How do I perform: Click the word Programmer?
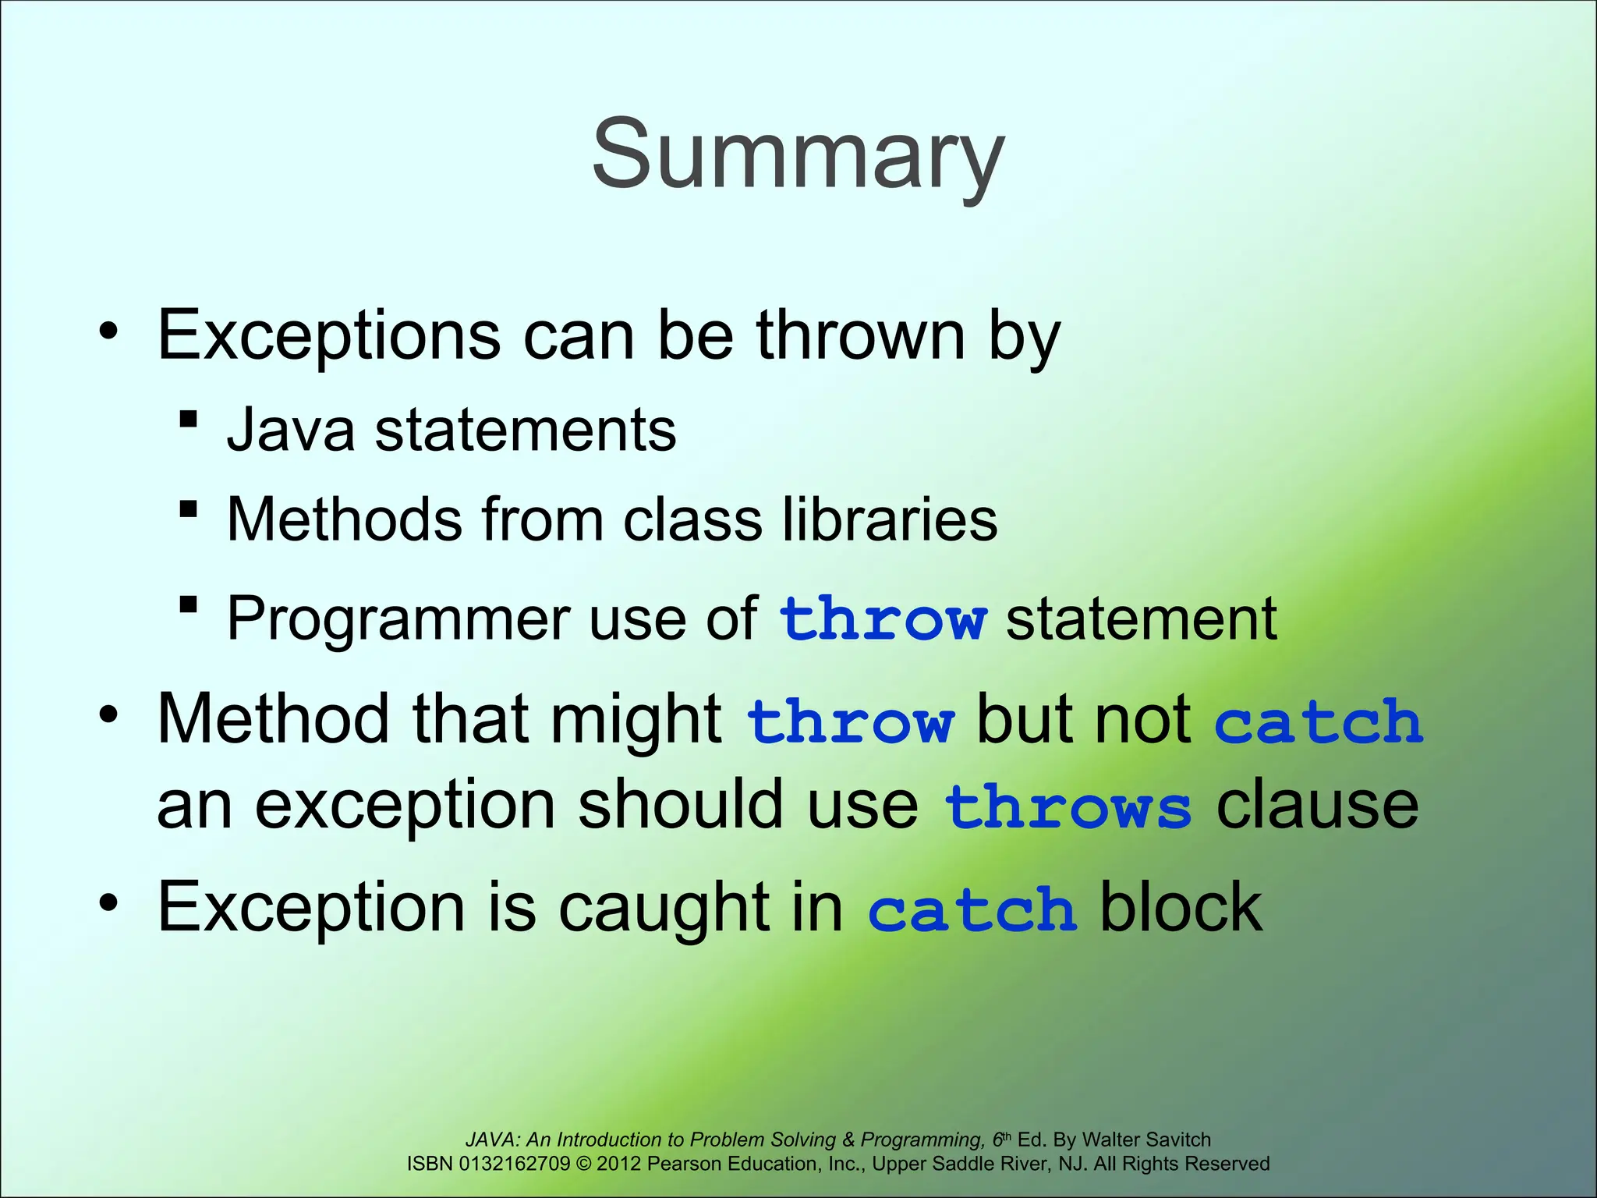pyautogui.click(x=398, y=618)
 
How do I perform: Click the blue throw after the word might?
pyautogui.click(x=850, y=721)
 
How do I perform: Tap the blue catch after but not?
pyautogui.click(x=1319, y=721)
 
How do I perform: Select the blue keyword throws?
pyautogui.click(x=1068, y=807)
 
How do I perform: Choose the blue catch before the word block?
pyautogui.click(x=972, y=909)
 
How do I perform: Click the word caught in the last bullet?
pyautogui.click(x=662, y=909)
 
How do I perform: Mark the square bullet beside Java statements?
pyautogui.click(x=188, y=420)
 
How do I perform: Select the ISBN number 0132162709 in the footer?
pyautogui.click(x=515, y=1164)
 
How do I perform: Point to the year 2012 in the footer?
pyautogui.click(x=618, y=1164)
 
